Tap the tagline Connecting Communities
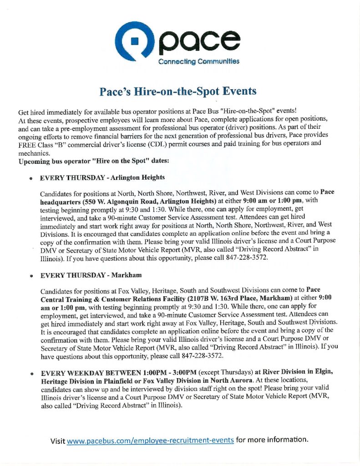tap(198, 61)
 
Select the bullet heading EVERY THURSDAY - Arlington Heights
tap(102, 177)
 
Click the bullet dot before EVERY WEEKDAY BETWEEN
tap(31, 374)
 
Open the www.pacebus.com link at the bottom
tap(150, 440)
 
